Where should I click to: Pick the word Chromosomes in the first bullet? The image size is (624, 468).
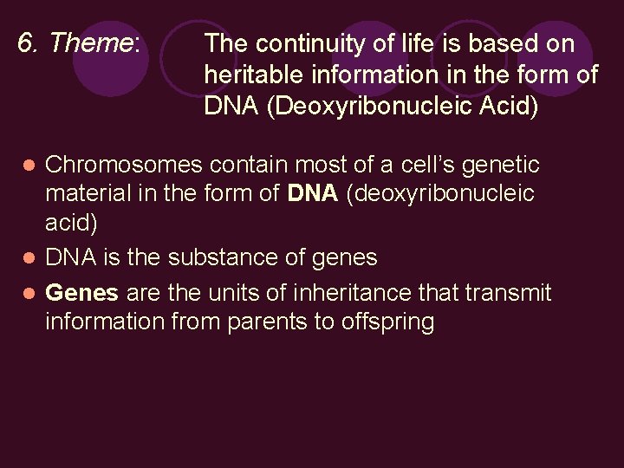pos(123,165)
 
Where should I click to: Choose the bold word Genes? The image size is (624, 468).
pos(81,293)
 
